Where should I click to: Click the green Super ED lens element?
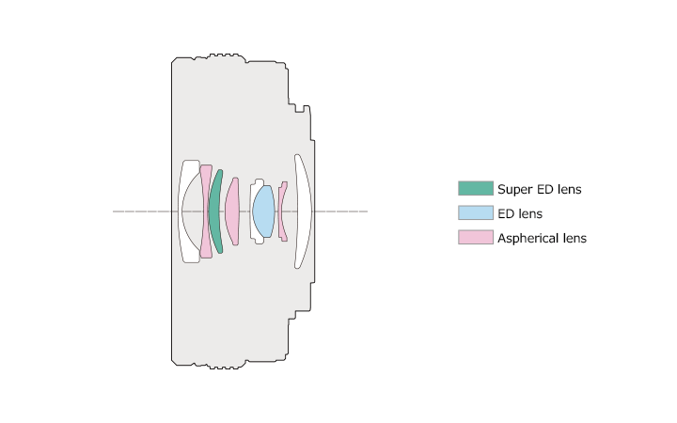(x=214, y=211)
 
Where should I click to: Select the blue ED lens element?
(x=263, y=211)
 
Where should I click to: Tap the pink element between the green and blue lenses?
(x=232, y=211)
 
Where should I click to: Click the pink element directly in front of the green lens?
(x=205, y=211)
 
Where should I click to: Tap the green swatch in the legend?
(x=476, y=188)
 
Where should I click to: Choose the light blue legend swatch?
(x=476, y=212)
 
